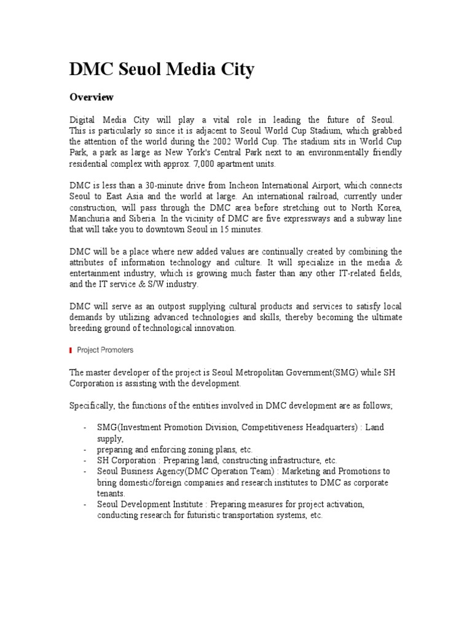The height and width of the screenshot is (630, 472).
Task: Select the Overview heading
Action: (x=92, y=97)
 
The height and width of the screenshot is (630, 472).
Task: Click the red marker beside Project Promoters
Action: (x=71, y=350)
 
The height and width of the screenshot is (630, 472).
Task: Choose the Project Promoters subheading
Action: (x=105, y=350)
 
